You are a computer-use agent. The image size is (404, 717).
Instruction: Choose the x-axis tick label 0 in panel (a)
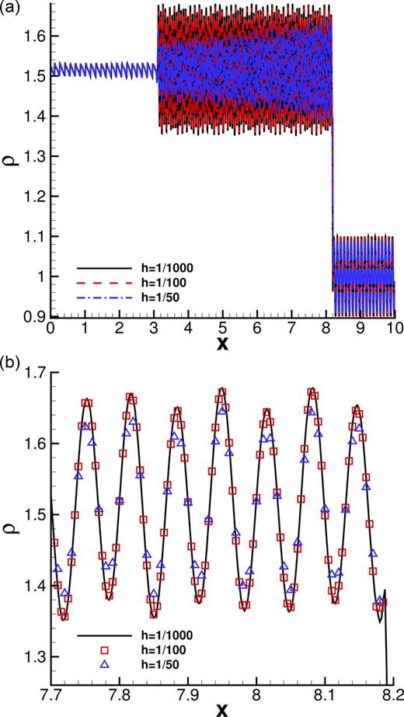(50, 329)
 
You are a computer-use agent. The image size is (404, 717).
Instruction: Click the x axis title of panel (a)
(222, 343)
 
